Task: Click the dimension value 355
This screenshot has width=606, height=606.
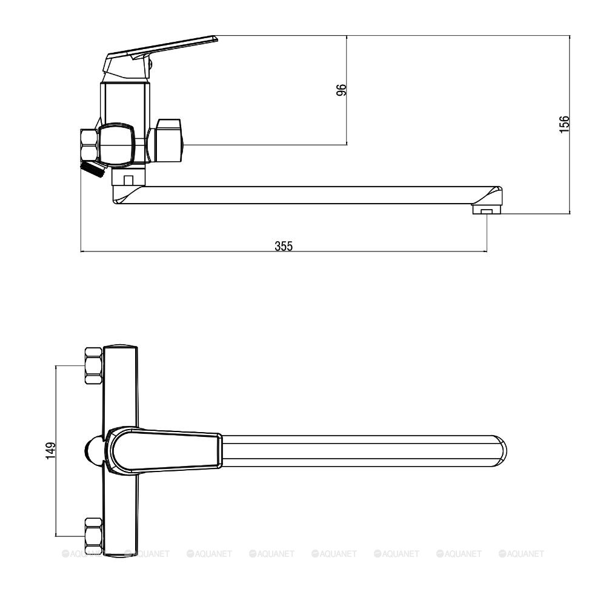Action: tap(284, 246)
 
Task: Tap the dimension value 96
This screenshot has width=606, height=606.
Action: tap(342, 90)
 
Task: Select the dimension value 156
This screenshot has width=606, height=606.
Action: tap(565, 124)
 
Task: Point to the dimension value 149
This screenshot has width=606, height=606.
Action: tap(51, 451)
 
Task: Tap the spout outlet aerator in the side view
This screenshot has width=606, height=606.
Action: tap(486, 210)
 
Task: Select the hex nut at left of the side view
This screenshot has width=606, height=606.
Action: tap(88, 145)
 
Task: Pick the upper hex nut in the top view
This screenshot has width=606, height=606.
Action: tap(93, 365)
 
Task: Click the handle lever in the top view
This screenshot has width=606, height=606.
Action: tap(164, 450)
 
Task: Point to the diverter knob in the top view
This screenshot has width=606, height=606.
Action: tap(94, 451)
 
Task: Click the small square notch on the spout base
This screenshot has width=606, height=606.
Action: tap(128, 180)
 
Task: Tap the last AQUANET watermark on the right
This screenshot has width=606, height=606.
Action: tap(521, 554)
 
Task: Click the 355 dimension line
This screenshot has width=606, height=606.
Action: tap(284, 251)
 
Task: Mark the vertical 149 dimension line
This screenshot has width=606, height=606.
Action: tap(56, 451)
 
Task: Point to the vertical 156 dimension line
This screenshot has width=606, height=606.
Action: tap(570, 124)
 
